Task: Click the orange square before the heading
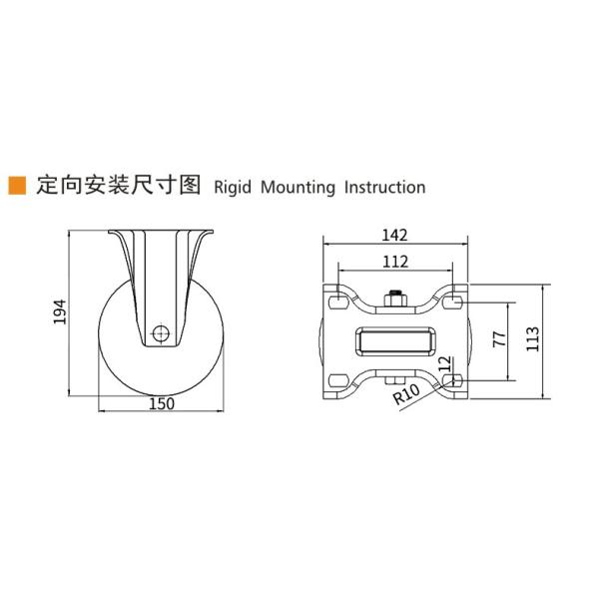click(16, 186)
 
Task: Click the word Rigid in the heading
click(235, 187)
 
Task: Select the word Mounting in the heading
click(299, 187)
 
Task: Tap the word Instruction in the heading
click(385, 187)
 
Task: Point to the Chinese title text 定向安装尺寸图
click(119, 186)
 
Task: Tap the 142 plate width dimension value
click(395, 236)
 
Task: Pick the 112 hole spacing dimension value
click(395, 262)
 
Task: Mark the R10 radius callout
click(407, 396)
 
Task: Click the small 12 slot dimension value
click(458, 358)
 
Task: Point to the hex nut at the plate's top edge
click(395, 296)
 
